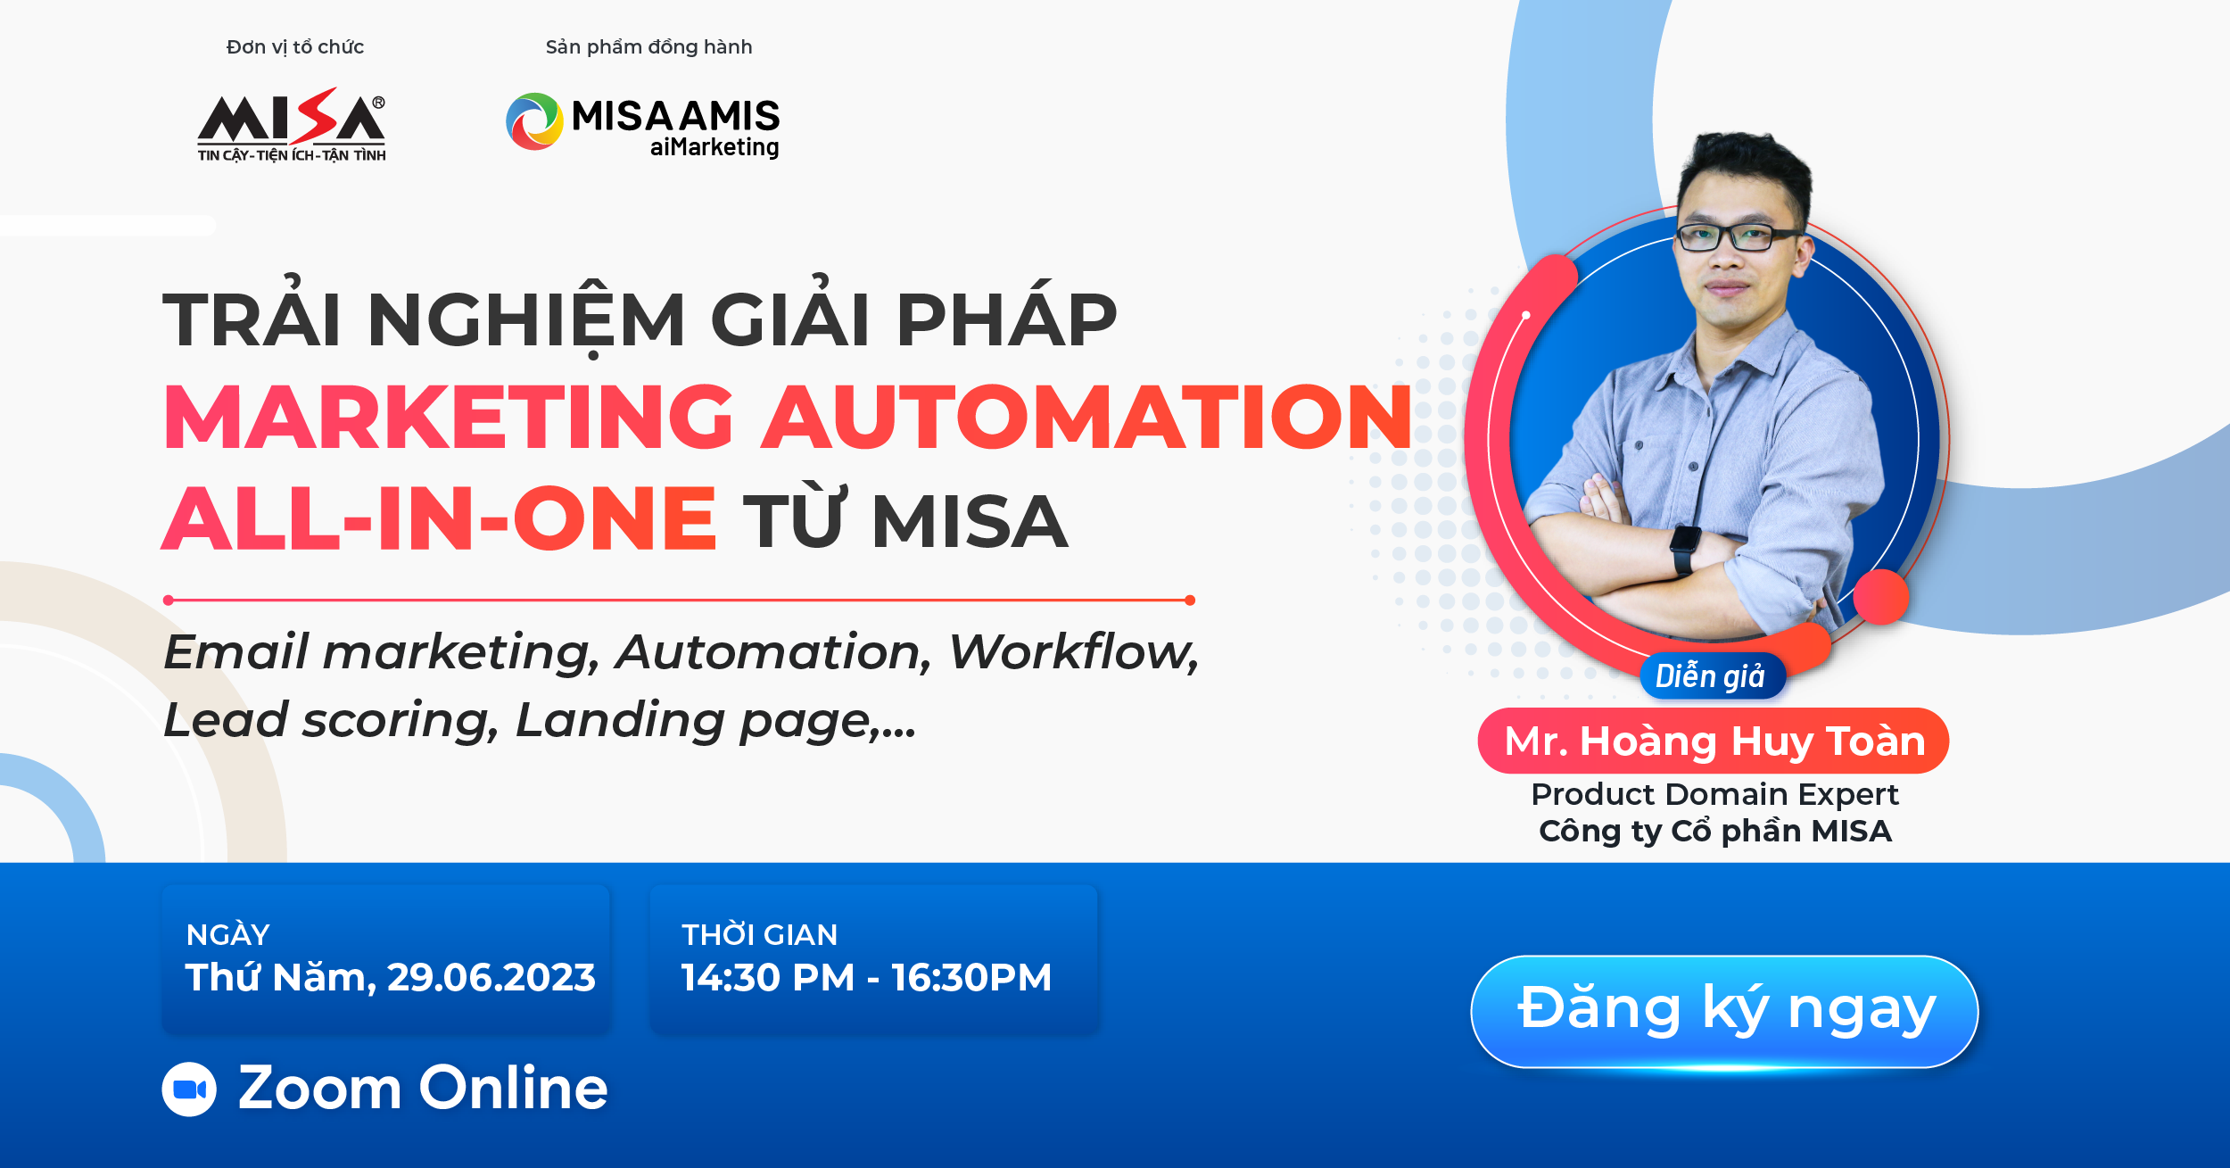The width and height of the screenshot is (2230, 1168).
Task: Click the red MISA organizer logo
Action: click(292, 124)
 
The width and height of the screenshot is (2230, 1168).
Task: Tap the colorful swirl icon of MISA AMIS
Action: click(534, 121)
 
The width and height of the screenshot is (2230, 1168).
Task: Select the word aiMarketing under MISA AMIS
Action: click(714, 147)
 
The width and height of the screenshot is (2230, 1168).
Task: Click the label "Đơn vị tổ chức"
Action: click(295, 47)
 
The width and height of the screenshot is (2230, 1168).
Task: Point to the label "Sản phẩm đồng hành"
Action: click(648, 47)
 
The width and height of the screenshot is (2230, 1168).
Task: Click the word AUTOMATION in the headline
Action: click(1087, 417)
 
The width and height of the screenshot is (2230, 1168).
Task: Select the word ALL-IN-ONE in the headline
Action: click(440, 518)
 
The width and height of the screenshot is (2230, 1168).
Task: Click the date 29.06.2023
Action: click(491, 978)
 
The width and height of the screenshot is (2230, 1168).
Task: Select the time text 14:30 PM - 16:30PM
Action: click(866, 978)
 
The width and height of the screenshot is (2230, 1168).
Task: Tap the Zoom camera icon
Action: click(189, 1089)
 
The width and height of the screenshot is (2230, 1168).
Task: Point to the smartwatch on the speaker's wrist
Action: click(1684, 550)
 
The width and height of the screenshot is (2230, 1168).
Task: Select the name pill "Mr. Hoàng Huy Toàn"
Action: click(1714, 741)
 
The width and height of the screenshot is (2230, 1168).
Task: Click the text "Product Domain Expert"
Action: click(1714, 794)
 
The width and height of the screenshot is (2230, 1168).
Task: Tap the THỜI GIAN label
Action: click(759, 935)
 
